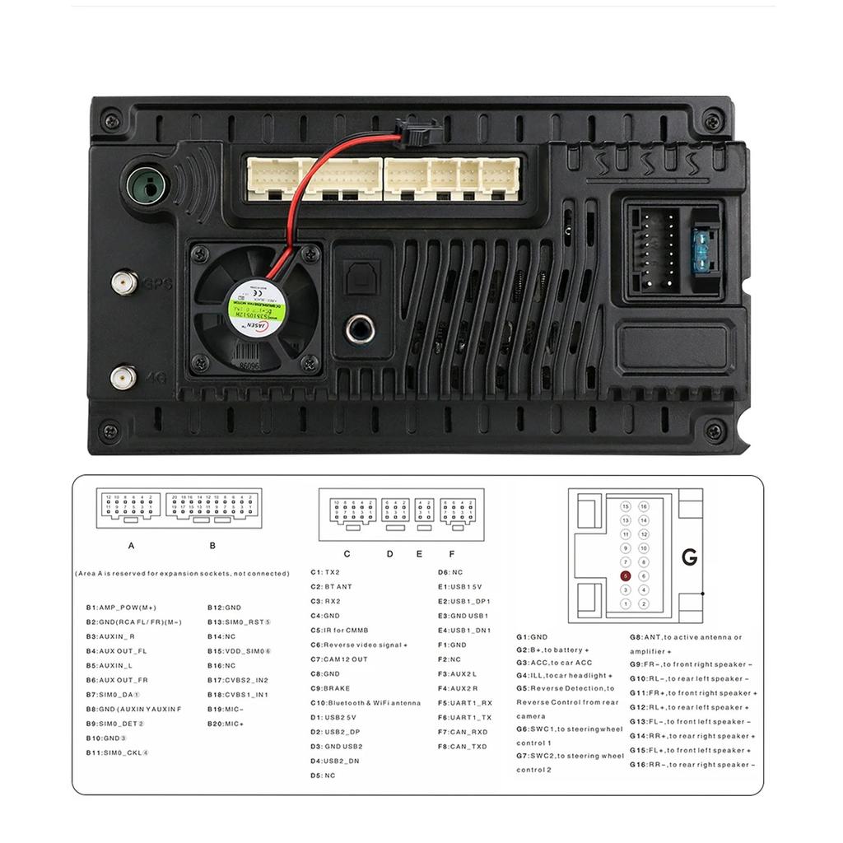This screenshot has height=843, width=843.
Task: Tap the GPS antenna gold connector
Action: point(124,285)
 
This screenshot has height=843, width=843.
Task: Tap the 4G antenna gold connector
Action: point(123,378)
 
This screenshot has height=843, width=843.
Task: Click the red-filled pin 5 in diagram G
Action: point(626,576)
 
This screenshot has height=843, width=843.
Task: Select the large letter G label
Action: point(690,557)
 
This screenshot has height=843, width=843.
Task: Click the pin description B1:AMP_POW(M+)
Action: point(121,608)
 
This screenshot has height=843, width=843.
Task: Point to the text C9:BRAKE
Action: point(330,688)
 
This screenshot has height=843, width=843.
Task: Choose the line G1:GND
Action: point(532,637)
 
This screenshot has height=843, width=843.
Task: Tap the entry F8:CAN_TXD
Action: point(463,747)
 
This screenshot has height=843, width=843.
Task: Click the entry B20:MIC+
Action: point(226,724)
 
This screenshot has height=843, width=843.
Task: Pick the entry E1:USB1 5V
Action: point(459,587)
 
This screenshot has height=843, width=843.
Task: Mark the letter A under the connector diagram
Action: point(131,546)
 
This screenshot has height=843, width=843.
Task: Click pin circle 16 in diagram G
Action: point(644,507)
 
